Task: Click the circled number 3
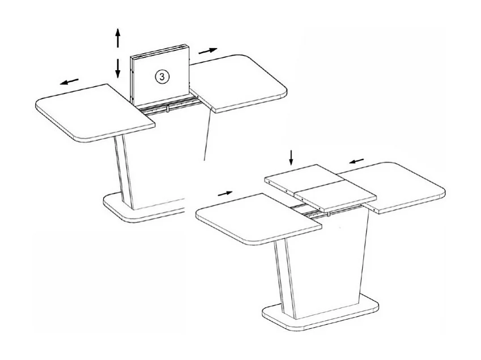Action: coord(161,76)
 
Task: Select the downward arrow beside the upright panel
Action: coord(118,68)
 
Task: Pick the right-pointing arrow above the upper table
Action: coord(208,51)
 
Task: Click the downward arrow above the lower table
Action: coord(291,157)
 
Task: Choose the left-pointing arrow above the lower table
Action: coord(356,161)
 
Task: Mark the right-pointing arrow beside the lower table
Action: coord(225,193)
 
